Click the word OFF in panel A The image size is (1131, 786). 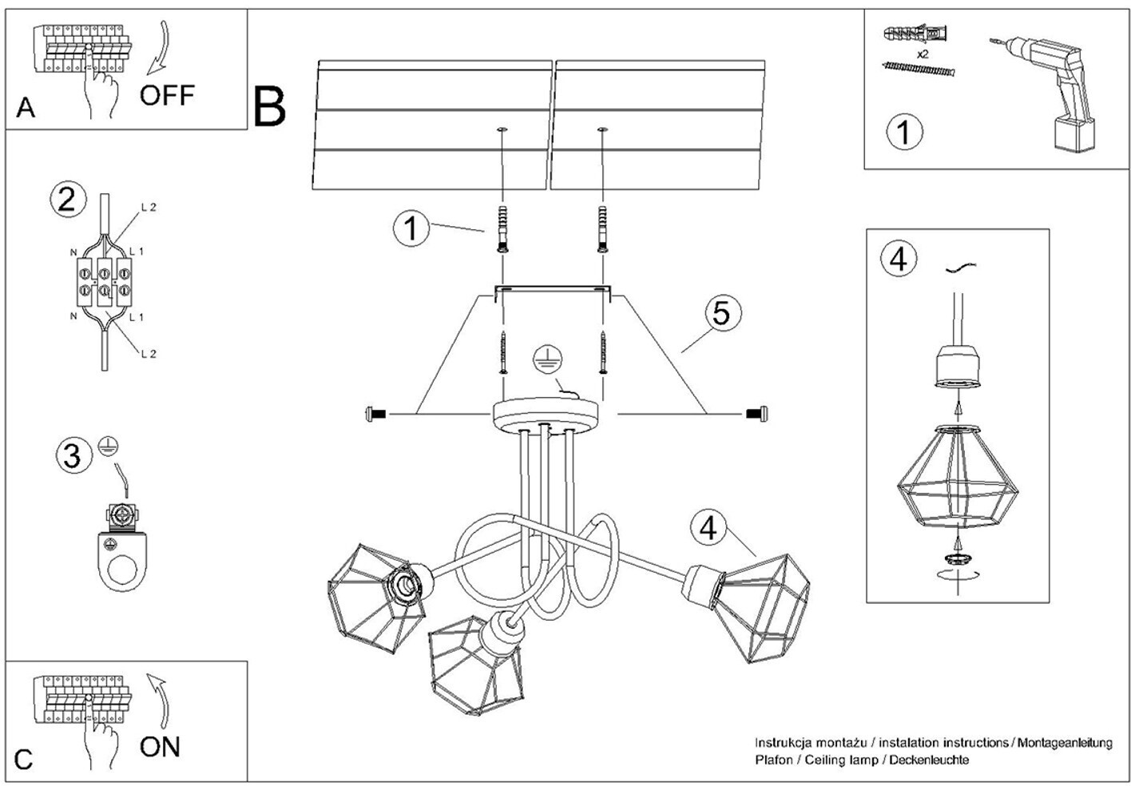coord(167,95)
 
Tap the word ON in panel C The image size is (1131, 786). coord(160,747)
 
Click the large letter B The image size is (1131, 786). coord(270,108)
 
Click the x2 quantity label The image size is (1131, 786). coord(923,54)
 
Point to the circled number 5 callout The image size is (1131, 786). coord(720,313)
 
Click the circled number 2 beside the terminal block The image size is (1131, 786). coord(67,198)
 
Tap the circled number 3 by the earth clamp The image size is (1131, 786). coord(72,456)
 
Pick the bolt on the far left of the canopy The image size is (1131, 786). coord(375,414)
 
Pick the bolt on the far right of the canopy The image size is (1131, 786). coord(756,413)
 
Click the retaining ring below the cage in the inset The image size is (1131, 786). coord(958,556)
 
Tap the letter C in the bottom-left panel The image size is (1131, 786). coord(24,759)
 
